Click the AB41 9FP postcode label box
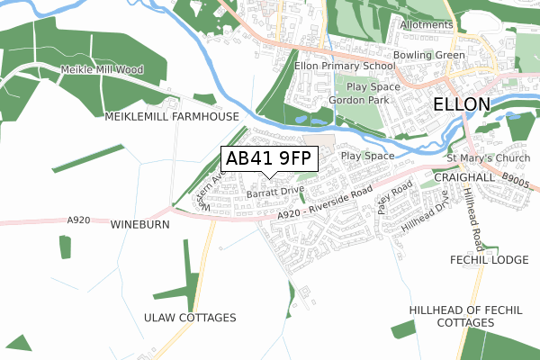click(268, 158)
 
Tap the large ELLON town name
click(462, 104)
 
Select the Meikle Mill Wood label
click(102, 70)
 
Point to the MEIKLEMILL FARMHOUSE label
click(172, 117)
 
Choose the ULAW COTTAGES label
click(190, 318)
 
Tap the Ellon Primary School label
click(345, 66)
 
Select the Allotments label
click(427, 24)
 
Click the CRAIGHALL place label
click(463, 178)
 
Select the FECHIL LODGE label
click(490, 260)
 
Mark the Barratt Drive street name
click(274, 192)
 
